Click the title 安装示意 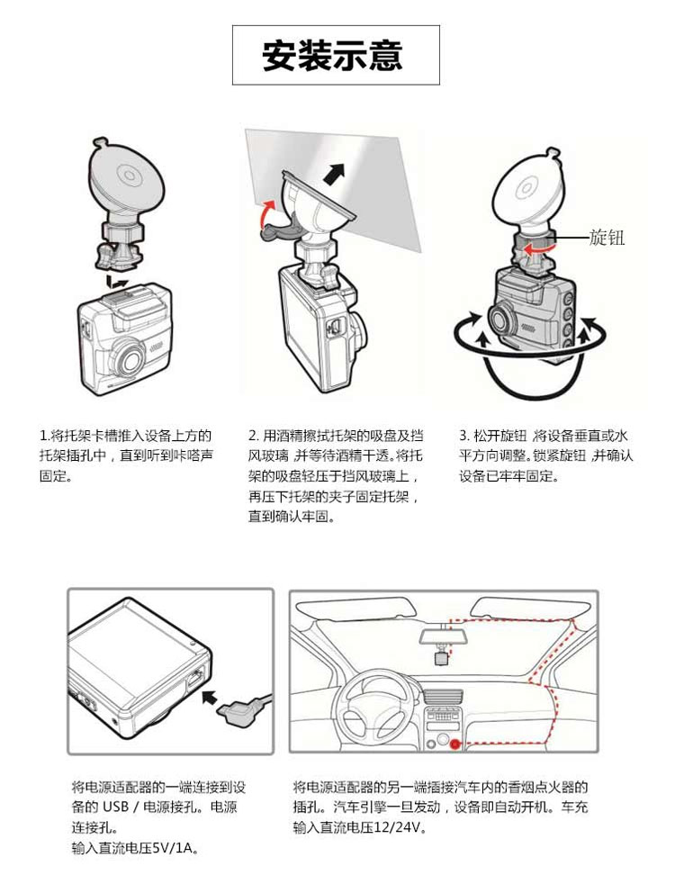coord(333,55)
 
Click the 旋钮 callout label coord(607,237)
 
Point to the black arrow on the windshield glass coord(335,173)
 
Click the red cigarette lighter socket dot coord(455,744)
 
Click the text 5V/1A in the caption coord(175,848)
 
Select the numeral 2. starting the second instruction coord(254,437)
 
